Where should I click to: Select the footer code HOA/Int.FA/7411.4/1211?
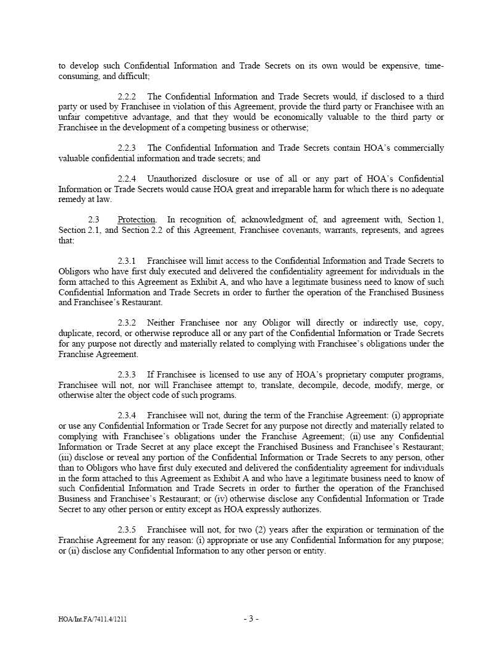tap(93, 619)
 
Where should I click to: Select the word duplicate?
tap(77, 334)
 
